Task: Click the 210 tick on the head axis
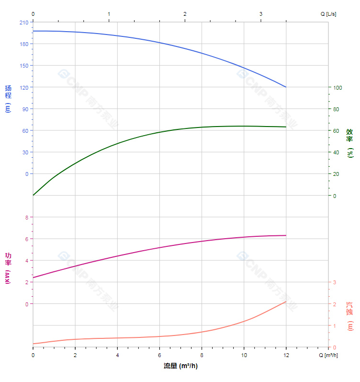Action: pos(24,22)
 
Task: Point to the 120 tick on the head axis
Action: pos(24,87)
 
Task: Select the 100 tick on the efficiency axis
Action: pos(337,88)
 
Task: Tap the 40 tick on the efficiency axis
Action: pos(336,152)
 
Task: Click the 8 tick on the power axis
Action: pos(26,218)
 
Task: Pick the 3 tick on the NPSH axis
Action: pos(335,282)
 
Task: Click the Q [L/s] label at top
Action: pos(328,14)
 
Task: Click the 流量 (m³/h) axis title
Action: pos(180,366)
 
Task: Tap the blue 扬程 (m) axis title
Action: pos(8,98)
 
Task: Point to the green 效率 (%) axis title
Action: pos(350,143)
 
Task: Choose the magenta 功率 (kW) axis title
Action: pos(8,268)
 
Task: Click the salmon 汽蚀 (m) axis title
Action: pos(350,316)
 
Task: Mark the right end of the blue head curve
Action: pos(286,87)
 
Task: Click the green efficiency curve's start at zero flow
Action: pos(33,196)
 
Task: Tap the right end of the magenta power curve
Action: pos(286,235)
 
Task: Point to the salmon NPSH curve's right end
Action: pos(286,301)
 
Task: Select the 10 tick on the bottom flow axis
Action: pos(244,355)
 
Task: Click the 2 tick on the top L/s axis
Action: pos(185,14)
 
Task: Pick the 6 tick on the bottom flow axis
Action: pos(159,355)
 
